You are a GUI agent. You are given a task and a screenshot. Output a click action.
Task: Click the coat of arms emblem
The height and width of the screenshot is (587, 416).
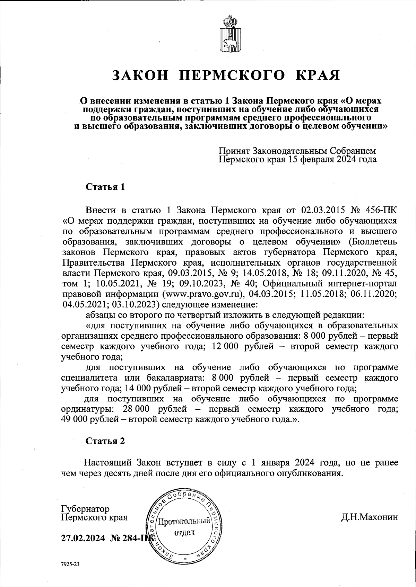coord(228,34)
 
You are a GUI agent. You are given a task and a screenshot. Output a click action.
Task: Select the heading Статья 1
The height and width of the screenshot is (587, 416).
coord(105,187)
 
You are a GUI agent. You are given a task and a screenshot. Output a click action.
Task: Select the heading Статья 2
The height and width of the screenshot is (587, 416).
coord(105,441)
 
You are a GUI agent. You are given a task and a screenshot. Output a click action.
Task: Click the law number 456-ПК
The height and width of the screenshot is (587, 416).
coord(382,210)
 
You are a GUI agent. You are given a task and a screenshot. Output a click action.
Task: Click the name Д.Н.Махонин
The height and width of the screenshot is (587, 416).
coord(370,517)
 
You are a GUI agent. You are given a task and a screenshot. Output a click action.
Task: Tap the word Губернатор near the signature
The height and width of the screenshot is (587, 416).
coord(85,509)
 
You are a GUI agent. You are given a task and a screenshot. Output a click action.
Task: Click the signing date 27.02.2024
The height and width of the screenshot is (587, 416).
coord(83,539)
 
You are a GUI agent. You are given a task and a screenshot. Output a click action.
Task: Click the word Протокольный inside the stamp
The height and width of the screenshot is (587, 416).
coord(184,521)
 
